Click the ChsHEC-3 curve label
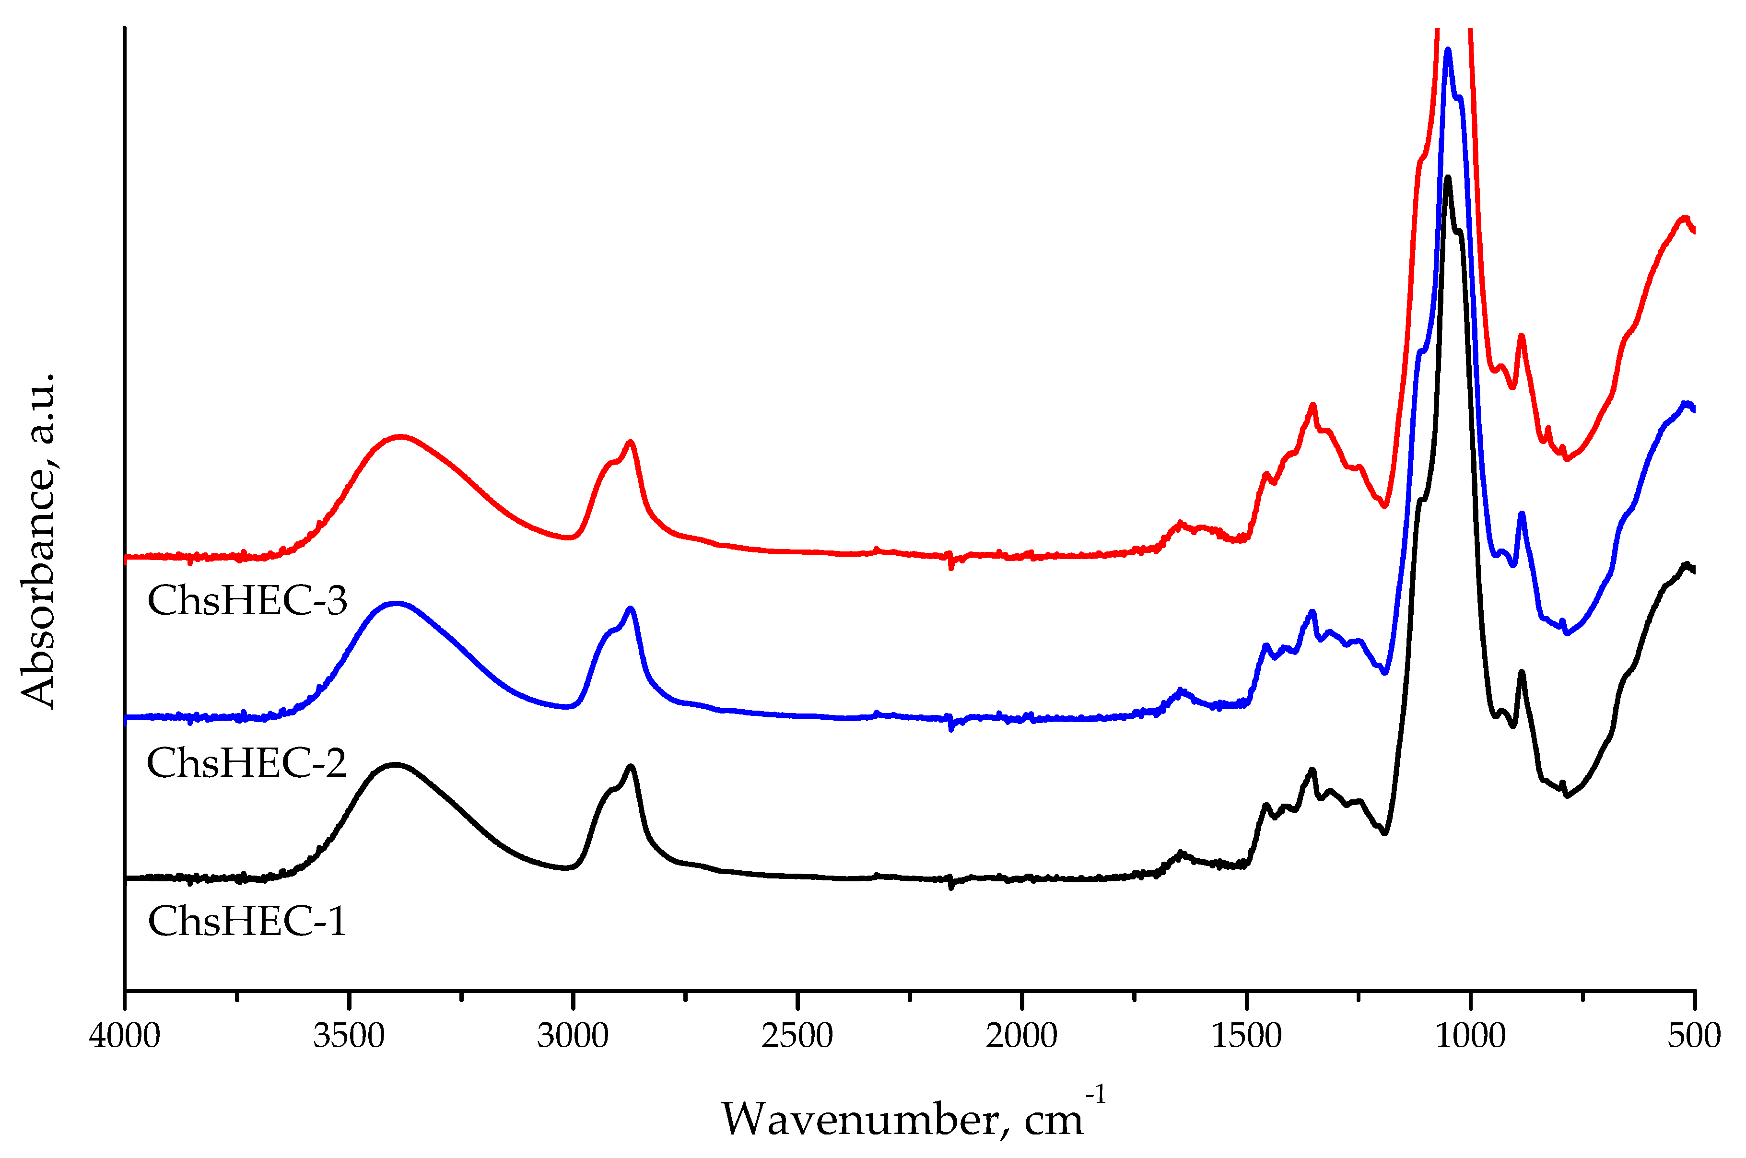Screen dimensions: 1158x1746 [x=246, y=600]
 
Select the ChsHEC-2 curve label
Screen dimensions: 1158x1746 [x=246, y=763]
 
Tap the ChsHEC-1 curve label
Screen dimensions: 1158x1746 [x=246, y=922]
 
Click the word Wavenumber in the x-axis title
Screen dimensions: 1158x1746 [x=860, y=1120]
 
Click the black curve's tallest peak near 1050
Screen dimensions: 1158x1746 [x=1448, y=177]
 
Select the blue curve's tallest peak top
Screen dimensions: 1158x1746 [x=1448, y=50]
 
